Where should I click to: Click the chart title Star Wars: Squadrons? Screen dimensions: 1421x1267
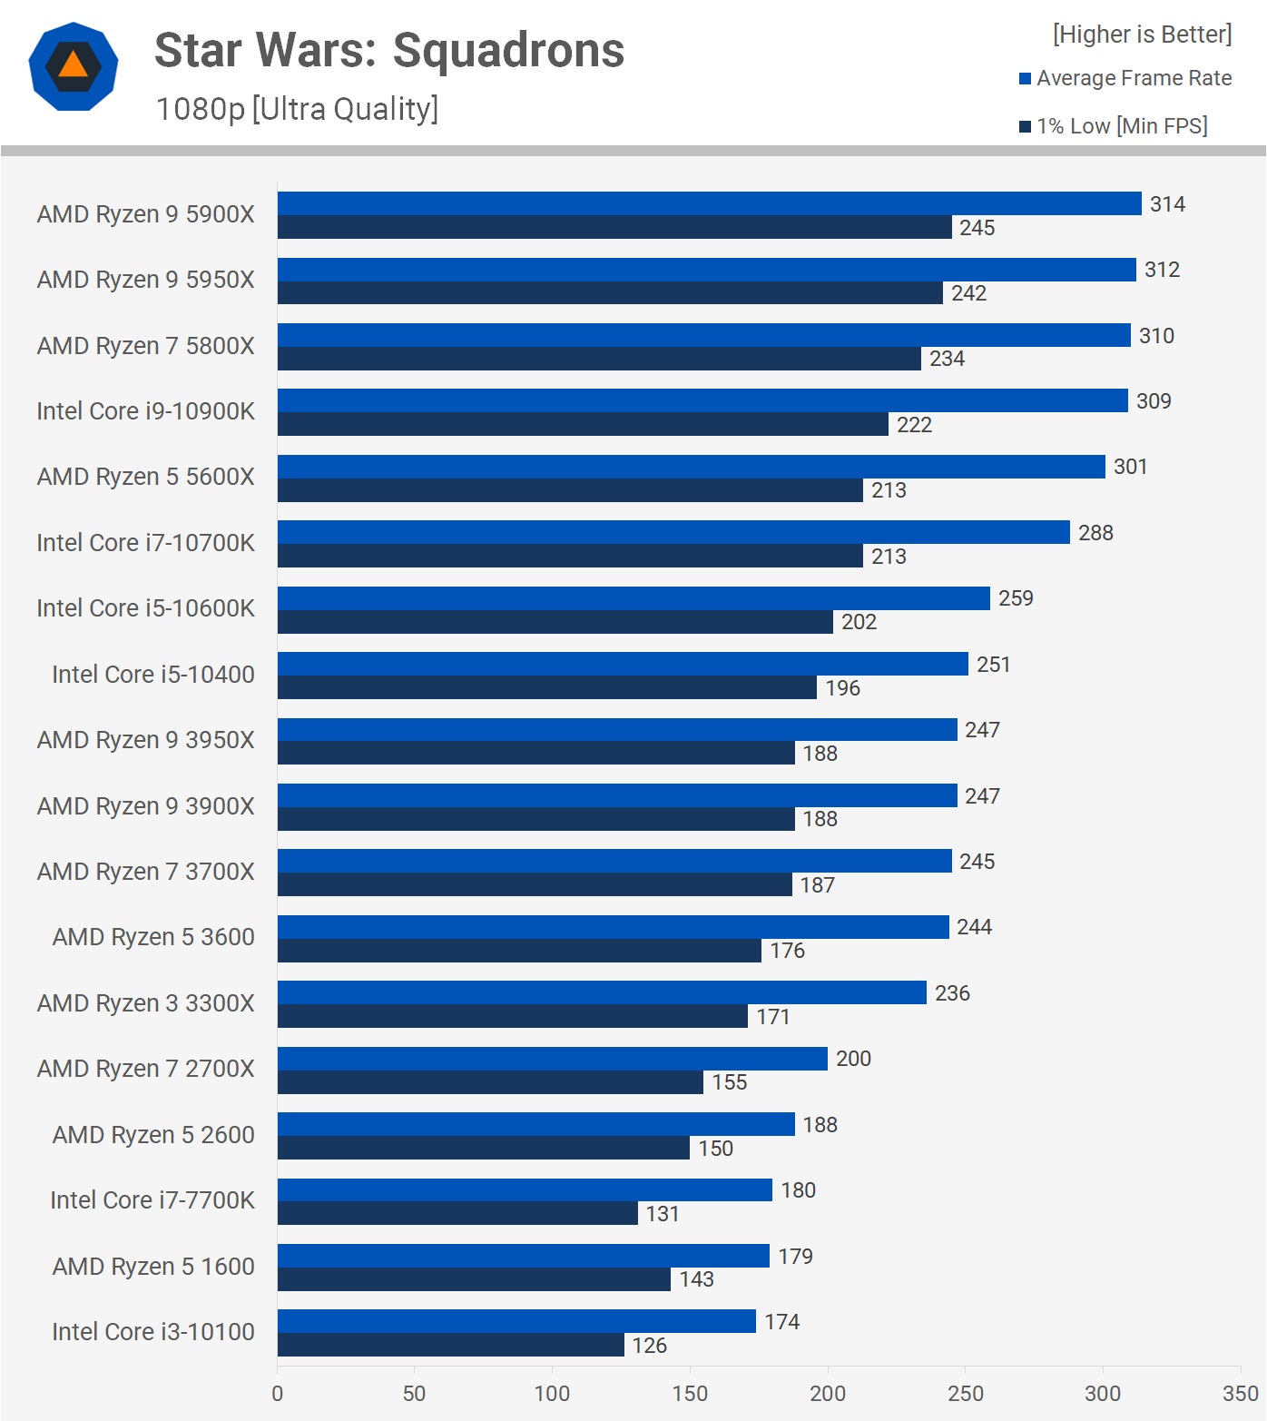(x=389, y=51)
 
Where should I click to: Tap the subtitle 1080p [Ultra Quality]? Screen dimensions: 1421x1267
(x=297, y=109)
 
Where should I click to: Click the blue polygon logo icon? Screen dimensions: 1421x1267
(x=74, y=67)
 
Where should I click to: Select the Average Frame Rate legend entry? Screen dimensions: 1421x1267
(x=1125, y=78)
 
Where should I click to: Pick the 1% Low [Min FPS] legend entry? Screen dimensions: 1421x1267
(x=1114, y=126)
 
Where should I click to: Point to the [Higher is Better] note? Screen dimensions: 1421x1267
(x=1142, y=35)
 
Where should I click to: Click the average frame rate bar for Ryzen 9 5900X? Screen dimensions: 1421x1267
(x=709, y=203)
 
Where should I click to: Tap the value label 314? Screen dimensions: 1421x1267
(x=1167, y=204)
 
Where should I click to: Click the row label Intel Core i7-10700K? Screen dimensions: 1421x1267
(x=146, y=543)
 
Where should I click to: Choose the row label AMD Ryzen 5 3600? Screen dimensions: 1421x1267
(x=153, y=937)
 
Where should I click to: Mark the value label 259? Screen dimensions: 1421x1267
(x=1016, y=598)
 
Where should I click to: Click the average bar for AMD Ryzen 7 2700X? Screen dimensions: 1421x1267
(x=552, y=1059)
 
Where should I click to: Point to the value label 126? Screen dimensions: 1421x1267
(x=649, y=1346)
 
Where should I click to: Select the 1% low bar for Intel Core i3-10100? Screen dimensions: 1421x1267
(x=450, y=1345)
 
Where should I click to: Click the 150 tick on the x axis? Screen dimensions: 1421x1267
(x=690, y=1394)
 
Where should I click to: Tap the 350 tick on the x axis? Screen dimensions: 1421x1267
(x=1240, y=1394)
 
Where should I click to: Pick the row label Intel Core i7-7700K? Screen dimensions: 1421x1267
(x=152, y=1200)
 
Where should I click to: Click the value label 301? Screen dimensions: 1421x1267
(x=1130, y=467)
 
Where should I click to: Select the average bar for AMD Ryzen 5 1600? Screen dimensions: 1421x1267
(x=523, y=1256)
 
